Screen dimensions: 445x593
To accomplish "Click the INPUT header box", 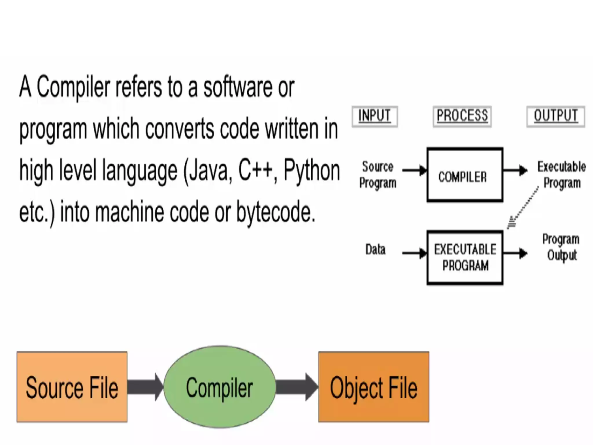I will [x=375, y=116].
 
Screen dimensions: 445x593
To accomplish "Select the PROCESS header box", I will [x=462, y=116].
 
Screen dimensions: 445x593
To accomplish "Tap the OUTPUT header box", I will [x=556, y=116].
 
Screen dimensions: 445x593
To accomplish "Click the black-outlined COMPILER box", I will [x=465, y=175].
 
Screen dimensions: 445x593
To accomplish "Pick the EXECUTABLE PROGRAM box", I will [x=465, y=258].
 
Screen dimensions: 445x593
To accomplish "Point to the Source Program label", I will [x=378, y=175].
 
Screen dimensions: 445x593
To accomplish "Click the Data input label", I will [x=375, y=250].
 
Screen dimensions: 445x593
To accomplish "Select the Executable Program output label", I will [x=561, y=175].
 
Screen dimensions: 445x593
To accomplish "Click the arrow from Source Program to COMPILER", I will [x=414, y=170].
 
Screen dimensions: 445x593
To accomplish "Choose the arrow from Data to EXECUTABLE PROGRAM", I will [x=414, y=253].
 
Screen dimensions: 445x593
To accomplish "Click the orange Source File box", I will [x=72, y=387].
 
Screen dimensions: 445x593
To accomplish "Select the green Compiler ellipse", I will [x=219, y=387].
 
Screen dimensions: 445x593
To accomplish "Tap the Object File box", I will [x=374, y=387].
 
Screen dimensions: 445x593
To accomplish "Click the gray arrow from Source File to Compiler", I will [x=145, y=387].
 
